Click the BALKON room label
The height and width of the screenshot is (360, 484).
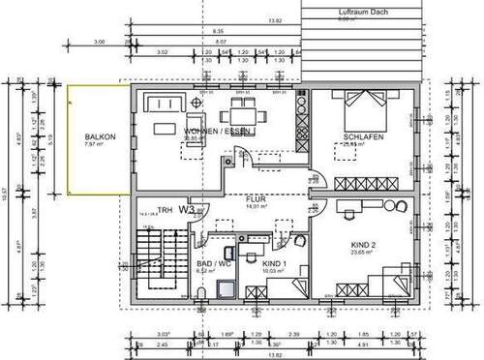[100, 138]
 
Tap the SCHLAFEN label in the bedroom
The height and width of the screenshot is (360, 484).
[362, 139]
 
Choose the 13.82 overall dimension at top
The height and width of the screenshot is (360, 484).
[275, 18]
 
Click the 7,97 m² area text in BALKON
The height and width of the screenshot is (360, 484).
[100, 147]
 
